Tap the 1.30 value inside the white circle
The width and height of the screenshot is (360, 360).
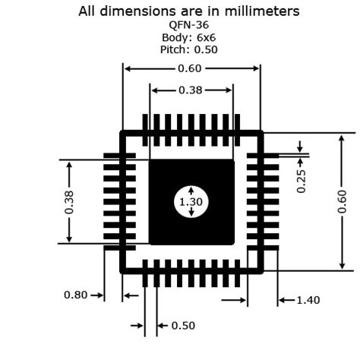pos(191,202)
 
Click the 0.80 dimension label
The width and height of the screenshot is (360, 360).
pos(75,295)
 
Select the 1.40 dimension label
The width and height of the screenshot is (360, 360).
pos(308,300)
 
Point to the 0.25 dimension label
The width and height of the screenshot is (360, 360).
pos(301,181)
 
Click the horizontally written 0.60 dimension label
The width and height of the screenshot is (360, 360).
pos(190,68)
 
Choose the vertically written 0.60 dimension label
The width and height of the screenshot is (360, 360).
pos(343,201)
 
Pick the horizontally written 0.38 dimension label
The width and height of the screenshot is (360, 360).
pos(191,90)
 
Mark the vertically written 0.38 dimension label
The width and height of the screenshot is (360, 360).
pos(69,202)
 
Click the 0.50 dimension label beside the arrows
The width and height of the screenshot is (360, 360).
pos(183,326)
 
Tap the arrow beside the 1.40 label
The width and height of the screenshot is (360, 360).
pos(286,300)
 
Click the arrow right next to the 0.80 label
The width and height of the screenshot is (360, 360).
pos(96,295)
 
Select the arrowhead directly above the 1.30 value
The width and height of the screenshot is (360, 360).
pos(191,190)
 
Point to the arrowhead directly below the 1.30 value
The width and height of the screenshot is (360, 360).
pos(191,213)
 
